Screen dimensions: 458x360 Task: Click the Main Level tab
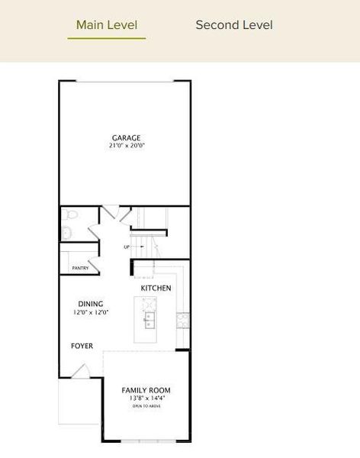pyautogui.click(x=107, y=25)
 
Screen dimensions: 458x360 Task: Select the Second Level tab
pyautogui.click(x=234, y=25)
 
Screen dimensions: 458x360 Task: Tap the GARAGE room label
pyautogui.click(x=127, y=138)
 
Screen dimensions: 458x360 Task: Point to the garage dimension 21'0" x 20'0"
pyautogui.click(x=127, y=146)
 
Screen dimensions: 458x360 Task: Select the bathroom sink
pyautogui.click(x=66, y=232)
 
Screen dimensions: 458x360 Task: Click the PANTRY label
pyautogui.click(x=80, y=268)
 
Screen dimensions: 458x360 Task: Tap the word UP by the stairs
pyautogui.click(x=127, y=247)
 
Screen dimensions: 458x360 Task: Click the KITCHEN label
pyautogui.click(x=156, y=288)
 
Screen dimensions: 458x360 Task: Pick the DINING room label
pyautogui.click(x=90, y=304)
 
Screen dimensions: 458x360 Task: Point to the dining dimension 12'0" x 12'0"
pyautogui.click(x=90, y=312)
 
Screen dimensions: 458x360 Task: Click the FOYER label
pyautogui.click(x=82, y=346)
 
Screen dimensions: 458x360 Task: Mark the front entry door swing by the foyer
pyautogui.click(x=81, y=372)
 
